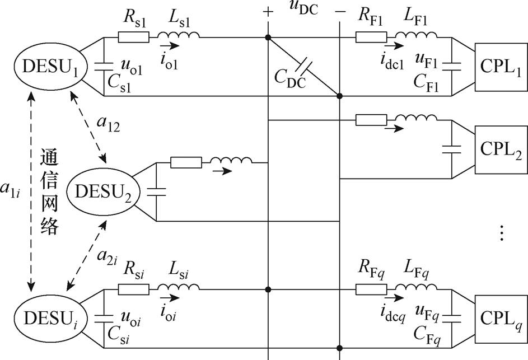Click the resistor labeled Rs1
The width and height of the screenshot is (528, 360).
click(133, 37)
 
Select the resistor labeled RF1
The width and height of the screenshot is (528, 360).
click(371, 37)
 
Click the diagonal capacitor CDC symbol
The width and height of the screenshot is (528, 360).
click(303, 67)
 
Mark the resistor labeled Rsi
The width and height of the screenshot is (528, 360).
click(133, 289)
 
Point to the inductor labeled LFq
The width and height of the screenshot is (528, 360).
click(416, 287)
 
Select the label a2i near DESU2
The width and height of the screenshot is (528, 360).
click(107, 256)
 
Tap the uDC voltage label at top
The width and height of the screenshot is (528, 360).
click(303, 8)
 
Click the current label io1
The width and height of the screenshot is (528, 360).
click(169, 61)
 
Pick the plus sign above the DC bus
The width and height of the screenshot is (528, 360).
click(268, 12)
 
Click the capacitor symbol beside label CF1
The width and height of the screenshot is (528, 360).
click(451, 67)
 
